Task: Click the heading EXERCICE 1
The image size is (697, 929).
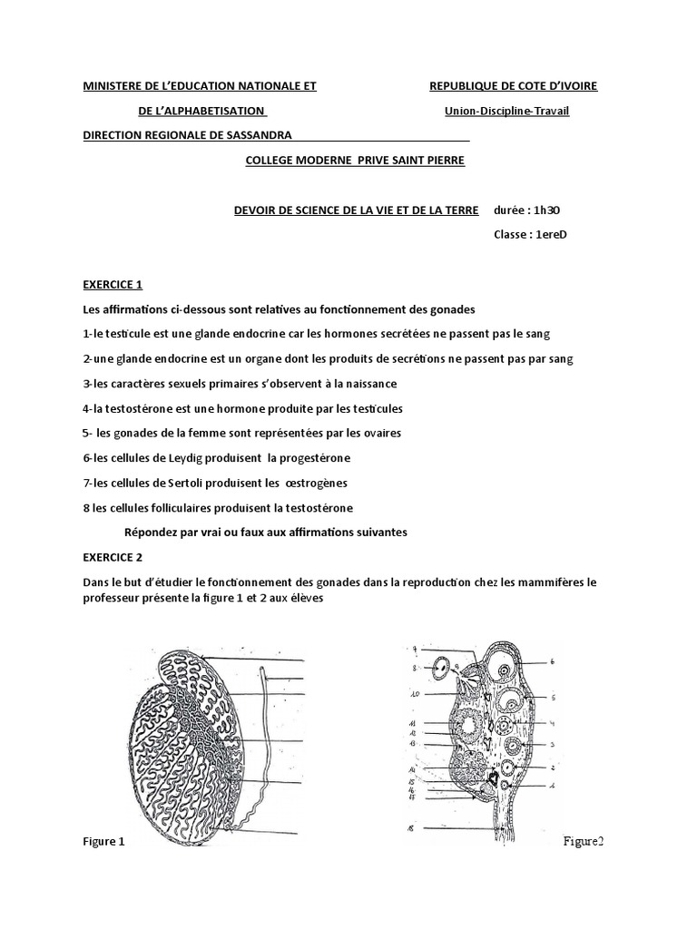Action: click(113, 284)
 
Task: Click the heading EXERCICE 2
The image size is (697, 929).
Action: click(113, 557)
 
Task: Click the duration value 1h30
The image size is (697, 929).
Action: click(546, 210)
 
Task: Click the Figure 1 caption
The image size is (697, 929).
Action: click(103, 842)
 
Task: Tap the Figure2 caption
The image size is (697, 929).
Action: click(583, 842)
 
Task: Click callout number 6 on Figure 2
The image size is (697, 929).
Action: click(551, 661)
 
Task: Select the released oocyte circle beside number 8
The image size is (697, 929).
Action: click(441, 669)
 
